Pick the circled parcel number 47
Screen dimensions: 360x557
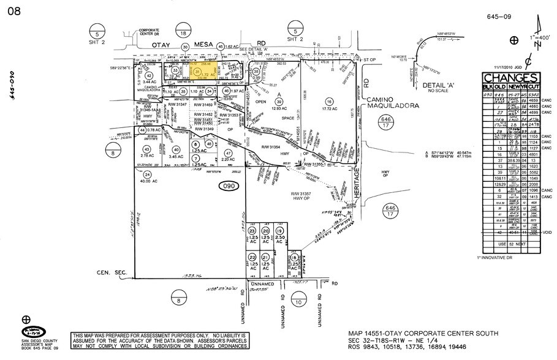228,153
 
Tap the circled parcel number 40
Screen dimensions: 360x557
176,149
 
